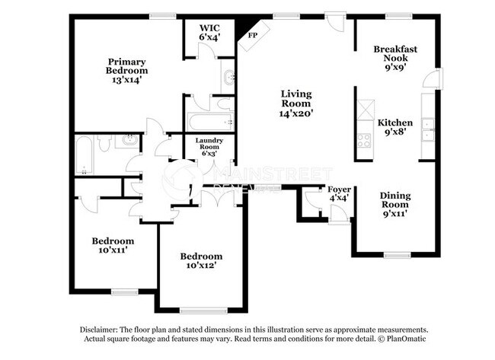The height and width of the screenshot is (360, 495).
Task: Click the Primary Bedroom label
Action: pyautogui.click(x=126, y=70)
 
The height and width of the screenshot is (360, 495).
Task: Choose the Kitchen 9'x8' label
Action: pyautogui.click(x=395, y=127)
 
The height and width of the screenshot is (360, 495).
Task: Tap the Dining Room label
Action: pyautogui.click(x=395, y=204)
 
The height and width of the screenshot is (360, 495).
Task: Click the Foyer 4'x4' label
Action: pyautogui.click(x=338, y=193)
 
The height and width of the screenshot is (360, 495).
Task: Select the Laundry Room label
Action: pyautogui.click(x=208, y=147)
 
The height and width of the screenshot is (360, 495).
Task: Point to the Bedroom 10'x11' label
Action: pyautogui.click(x=113, y=246)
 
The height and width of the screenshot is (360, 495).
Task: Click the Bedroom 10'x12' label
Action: pyautogui.click(x=201, y=261)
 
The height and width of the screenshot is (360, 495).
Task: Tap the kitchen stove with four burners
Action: pyautogui.click(x=364, y=139)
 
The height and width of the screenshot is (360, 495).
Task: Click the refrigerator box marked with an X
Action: pyautogui.click(x=364, y=110)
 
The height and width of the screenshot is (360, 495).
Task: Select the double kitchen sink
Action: pyautogui.click(x=428, y=129)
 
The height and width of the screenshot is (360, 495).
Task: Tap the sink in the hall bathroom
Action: pyautogui.click(x=129, y=141)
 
